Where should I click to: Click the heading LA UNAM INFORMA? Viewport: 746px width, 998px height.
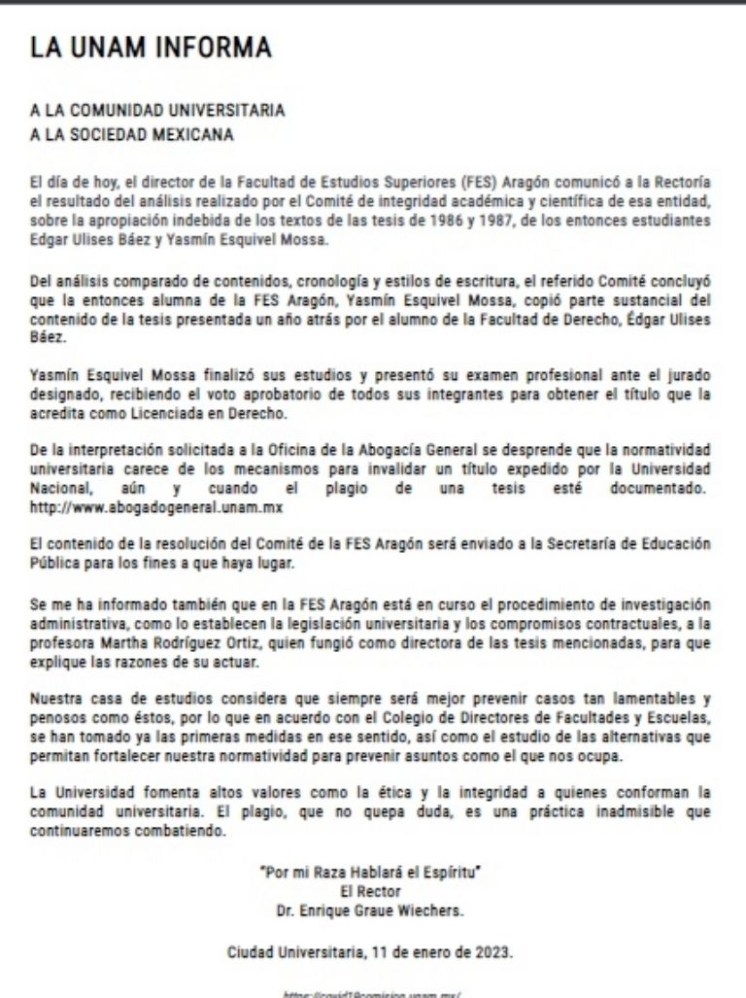coord(151,48)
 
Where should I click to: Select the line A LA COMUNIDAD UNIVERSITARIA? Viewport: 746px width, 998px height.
coord(156,111)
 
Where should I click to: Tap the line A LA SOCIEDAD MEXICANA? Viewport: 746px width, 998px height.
coord(132,134)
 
